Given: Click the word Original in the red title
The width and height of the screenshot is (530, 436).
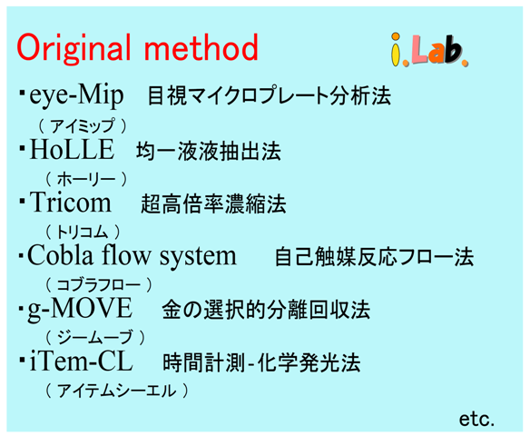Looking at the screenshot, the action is tap(74, 48).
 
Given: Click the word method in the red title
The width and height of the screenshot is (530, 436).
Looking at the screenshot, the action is tap(201, 47).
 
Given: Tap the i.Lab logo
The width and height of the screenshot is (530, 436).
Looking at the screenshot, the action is tap(429, 50).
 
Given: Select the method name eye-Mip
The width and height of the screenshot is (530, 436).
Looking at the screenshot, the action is tap(76, 96).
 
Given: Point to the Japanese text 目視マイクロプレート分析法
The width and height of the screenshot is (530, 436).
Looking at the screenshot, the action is tap(270, 96).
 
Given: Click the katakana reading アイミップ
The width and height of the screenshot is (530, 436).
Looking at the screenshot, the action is tap(83, 126).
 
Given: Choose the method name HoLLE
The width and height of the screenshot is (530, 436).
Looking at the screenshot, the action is tap(72, 149).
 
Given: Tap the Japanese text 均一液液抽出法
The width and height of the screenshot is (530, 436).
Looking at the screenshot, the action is tap(209, 151).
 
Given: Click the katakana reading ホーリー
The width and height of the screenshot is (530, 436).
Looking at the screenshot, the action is tap(86, 179).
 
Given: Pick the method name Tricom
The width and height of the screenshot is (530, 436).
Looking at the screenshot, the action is tap(70, 203).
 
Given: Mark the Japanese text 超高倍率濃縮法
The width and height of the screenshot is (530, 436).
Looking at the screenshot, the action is tap(213, 204).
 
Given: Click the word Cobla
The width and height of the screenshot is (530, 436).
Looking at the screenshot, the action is tap(60, 255).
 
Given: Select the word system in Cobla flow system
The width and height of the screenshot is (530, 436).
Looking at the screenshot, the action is tap(198, 257).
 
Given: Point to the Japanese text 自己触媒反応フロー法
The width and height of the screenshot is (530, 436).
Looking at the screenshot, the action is tap(374, 257).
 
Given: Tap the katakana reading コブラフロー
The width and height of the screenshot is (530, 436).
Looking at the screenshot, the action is tap(98, 285).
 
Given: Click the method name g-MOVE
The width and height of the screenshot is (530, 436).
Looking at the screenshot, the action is tap(80, 309).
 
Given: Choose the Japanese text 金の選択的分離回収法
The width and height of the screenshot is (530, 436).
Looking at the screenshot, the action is tap(266, 310).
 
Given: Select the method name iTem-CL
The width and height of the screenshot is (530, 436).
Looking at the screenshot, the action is tap(81, 362).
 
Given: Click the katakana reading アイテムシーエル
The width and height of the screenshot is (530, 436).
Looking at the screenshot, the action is tap(116, 391).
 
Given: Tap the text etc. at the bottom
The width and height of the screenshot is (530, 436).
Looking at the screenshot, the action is tap(476, 419).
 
